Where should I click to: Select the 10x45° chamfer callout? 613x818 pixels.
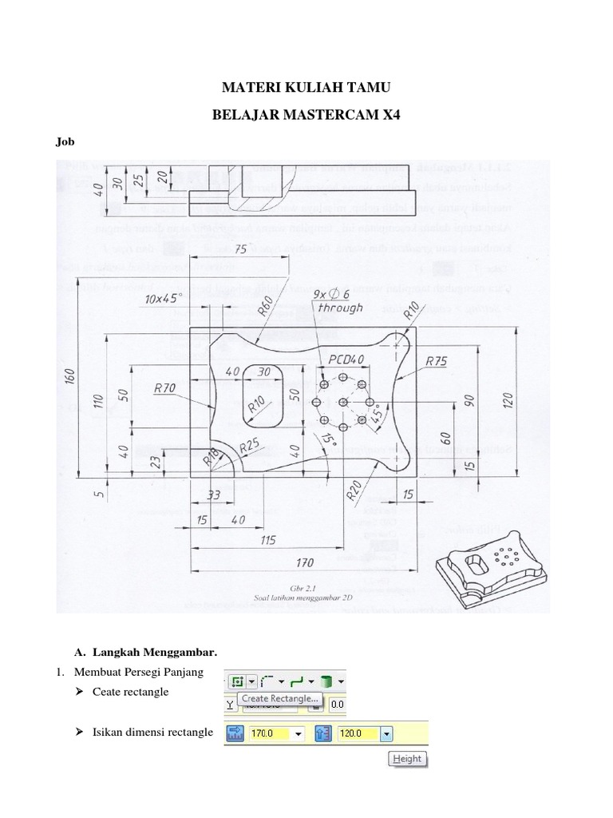[169, 298]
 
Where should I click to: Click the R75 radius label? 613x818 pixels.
[437, 361]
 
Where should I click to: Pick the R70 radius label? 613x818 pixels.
[166, 388]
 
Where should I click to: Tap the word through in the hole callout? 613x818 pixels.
[340, 308]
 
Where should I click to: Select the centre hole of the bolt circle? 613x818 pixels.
[342, 402]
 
